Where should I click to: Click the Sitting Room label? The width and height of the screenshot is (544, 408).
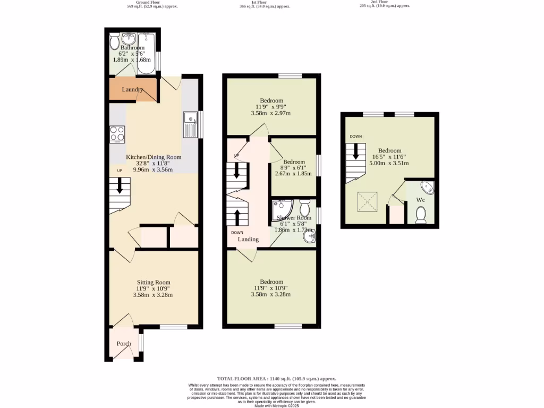coord(153,282)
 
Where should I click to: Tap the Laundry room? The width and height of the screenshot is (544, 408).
coord(133,89)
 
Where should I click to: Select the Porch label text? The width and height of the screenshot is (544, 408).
coord(124,344)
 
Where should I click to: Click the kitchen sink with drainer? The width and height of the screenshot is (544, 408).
coord(190,125)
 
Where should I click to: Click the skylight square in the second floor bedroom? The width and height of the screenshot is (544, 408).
coord(366,200)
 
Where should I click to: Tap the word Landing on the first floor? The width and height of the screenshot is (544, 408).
coord(248,239)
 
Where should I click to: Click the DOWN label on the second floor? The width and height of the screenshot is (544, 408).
coord(355,137)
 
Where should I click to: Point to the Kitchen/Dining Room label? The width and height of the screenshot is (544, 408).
coord(154,157)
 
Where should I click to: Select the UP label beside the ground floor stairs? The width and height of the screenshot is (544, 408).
coord(120,170)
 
